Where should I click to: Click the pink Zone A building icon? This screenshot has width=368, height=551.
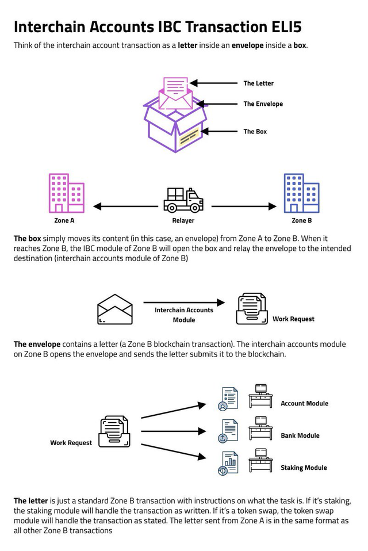click(66, 193)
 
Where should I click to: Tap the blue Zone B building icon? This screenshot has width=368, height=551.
click(301, 193)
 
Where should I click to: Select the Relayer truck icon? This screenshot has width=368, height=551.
click(183, 200)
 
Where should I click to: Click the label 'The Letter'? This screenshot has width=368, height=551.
click(258, 83)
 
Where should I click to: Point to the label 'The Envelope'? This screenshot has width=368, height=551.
click(263, 104)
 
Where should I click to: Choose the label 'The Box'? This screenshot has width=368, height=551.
click(255, 132)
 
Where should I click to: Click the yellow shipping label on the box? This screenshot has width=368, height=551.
click(190, 137)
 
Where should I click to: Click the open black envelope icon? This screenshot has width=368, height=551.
click(115, 309)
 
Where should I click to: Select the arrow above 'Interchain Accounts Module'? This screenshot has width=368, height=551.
click(184, 302)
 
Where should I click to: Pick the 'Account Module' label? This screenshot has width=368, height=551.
click(304, 403)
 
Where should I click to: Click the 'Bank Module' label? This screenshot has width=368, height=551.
click(300, 435)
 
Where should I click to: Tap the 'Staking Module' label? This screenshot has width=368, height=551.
click(304, 468)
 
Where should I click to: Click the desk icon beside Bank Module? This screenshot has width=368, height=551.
click(260, 428)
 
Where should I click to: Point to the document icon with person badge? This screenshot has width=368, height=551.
click(228, 399)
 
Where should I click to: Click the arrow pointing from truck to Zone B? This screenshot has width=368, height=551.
click(244, 206)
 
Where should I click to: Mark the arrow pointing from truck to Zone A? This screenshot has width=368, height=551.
click(126, 206)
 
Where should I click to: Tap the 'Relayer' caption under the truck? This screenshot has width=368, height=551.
click(183, 221)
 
